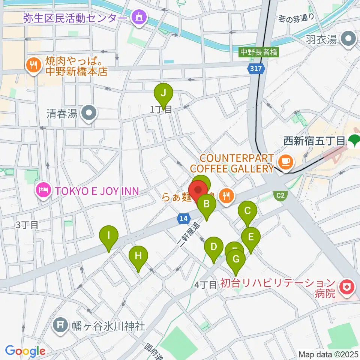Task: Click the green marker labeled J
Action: point(163,92)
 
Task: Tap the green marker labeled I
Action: point(109,236)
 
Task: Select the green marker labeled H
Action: point(138,256)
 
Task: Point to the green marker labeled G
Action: point(236,259)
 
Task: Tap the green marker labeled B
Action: point(206,204)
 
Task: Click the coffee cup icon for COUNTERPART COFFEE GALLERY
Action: point(286,162)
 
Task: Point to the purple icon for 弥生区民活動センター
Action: point(140,17)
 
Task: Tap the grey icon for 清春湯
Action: point(89,113)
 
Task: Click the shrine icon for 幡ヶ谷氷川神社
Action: point(61,325)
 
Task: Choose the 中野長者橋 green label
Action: point(259,52)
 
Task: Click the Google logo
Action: point(25,351)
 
